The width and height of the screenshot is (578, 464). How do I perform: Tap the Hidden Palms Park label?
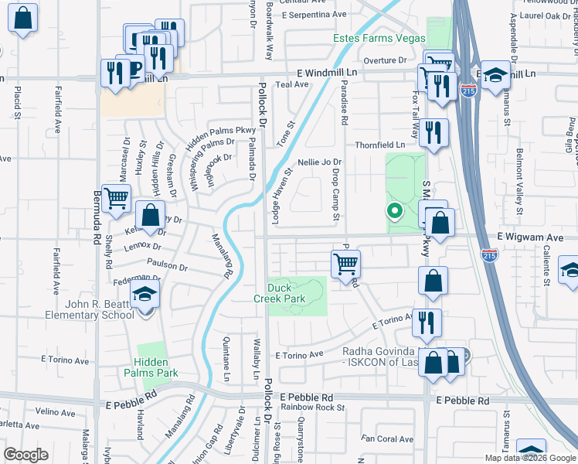155,367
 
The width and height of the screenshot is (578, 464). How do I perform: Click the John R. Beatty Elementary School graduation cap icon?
144,294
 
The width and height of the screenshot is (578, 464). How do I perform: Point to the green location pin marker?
394,210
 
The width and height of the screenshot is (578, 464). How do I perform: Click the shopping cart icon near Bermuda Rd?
116,197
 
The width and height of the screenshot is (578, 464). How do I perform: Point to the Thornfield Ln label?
379,145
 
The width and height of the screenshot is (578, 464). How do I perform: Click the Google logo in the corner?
25,455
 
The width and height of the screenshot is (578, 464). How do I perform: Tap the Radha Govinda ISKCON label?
382,358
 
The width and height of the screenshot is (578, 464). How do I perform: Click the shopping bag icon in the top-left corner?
23,19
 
